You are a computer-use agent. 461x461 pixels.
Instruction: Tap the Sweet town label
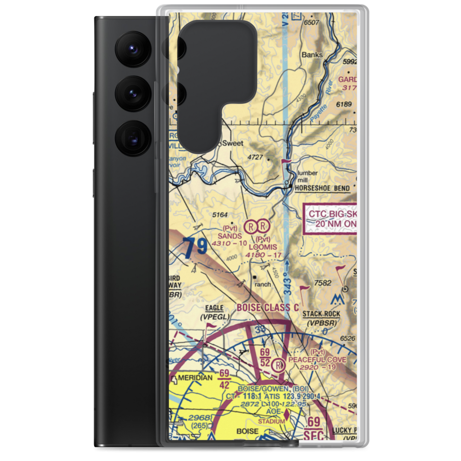232,143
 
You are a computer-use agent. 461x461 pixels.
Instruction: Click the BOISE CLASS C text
268,307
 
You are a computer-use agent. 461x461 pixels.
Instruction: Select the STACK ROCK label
321,314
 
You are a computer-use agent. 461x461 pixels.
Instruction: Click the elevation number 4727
255,157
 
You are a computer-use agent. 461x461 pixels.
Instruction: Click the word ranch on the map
262,284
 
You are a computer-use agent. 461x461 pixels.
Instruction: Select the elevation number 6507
312,22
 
